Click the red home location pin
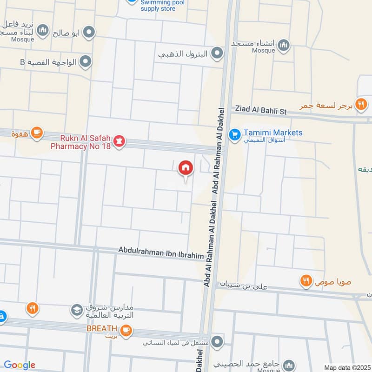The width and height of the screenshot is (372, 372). point(185,168)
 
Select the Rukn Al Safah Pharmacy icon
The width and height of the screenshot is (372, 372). point(120,141)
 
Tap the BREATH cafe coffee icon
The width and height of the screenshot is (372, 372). point(126,330)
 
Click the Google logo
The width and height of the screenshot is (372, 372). point(20,365)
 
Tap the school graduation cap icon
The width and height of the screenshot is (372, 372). point(76,310)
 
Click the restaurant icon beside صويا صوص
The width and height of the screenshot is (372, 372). point(305,281)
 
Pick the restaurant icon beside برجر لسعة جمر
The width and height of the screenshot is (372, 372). point(361,105)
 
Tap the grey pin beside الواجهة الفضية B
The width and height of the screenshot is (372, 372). point(85,61)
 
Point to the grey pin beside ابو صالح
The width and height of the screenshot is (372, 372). point(89,32)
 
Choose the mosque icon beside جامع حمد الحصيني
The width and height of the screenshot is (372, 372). point(289,365)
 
